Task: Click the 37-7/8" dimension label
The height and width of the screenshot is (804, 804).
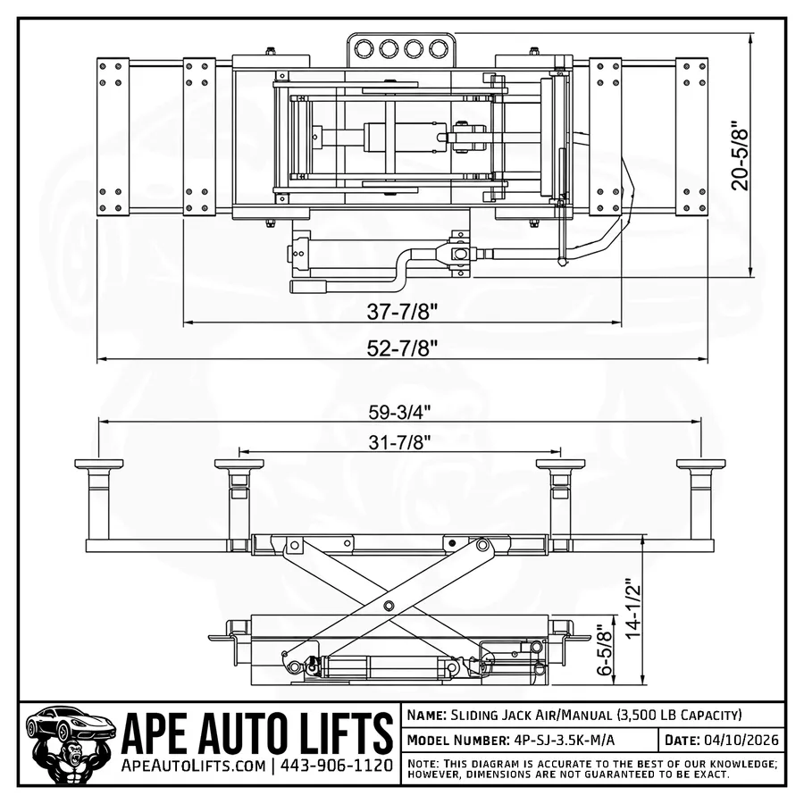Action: click(x=402, y=311)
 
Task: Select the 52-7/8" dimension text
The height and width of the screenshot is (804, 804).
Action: click(x=402, y=348)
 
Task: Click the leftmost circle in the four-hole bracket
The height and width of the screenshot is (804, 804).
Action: click(x=364, y=48)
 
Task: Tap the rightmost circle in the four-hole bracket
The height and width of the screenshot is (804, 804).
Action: click(x=438, y=48)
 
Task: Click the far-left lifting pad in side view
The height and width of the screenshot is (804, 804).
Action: click(x=98, y=465)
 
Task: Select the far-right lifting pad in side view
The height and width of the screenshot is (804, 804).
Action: click(x=700, y=465)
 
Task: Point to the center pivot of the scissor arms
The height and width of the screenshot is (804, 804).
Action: click(x=389, y=605)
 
